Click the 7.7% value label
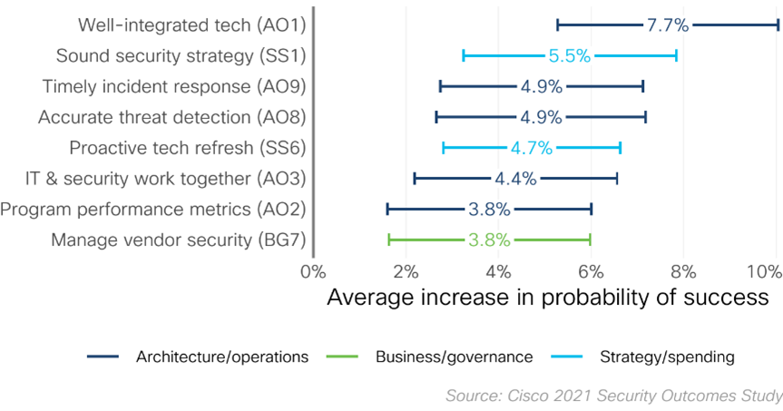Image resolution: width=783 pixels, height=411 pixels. click(667, 25)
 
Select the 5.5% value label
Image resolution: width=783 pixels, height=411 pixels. click(569, 56)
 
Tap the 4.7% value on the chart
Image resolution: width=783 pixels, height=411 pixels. click(530, 148)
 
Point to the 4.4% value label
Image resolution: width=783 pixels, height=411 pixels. click(515, 179)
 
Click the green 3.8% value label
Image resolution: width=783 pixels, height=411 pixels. click(489, 240)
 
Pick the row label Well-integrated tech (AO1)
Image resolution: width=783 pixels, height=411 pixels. click(191, 25)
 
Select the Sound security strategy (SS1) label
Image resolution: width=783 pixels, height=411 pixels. click(181, 56)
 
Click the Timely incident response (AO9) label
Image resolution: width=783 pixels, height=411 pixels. click(174, 87)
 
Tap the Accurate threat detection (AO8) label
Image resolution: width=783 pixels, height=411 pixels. click(171, 117)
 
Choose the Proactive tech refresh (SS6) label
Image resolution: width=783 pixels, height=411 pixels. click(188, 148)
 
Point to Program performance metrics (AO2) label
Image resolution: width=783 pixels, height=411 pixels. click(153, 210)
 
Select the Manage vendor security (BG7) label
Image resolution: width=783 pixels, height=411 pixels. click(178, 240)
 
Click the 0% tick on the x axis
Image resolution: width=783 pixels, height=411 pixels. click(313, 269)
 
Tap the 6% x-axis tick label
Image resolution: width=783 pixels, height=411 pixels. click(591, 269)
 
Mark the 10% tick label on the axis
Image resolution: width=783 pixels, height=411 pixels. click(764, 269)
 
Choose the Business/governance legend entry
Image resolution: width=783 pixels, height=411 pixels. click(454, 357)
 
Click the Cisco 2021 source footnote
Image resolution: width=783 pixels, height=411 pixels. click(613, 396)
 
